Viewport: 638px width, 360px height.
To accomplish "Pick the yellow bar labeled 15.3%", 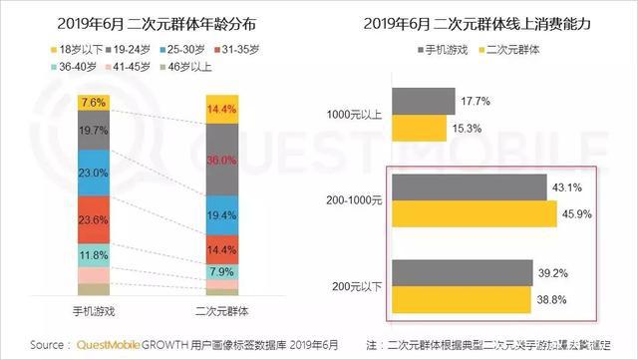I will click(x=419, y=128).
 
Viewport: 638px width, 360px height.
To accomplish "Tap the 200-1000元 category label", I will click(x=352, y=200).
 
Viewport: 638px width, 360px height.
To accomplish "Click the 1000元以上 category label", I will click(x=354, y=115).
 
